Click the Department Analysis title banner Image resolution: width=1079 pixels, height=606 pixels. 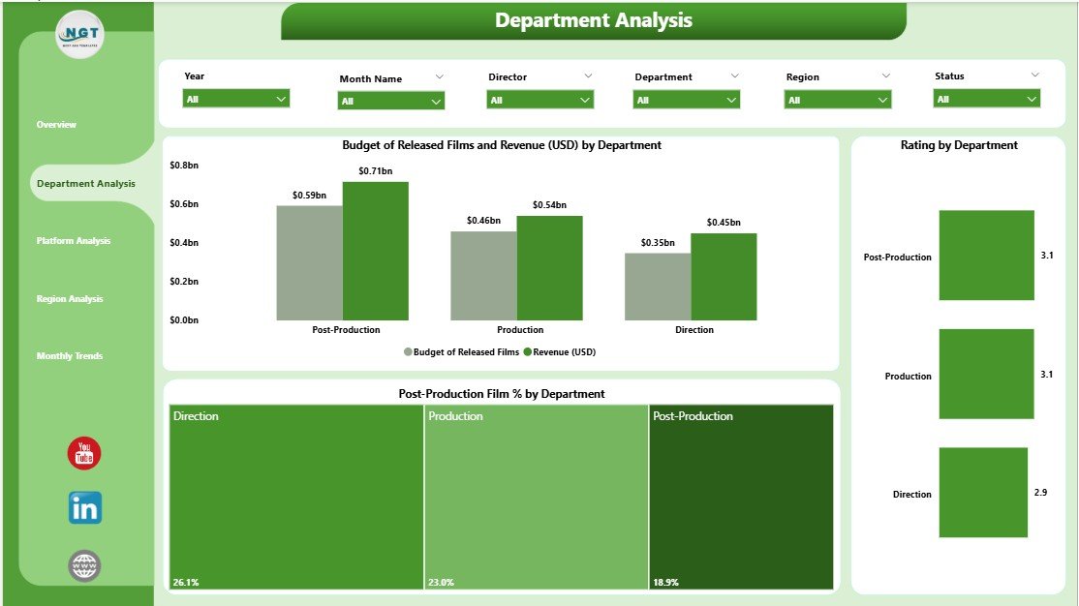(593, 20)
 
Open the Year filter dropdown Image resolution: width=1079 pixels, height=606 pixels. (236, 99)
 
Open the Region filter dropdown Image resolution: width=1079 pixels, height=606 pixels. (838, 100)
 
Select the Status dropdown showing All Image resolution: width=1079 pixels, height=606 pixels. (987, 99)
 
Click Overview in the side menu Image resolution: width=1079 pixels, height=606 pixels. (56, 125)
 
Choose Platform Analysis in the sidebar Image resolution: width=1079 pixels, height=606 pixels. (74, 241)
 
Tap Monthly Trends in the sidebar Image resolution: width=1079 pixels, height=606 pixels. (70, 356)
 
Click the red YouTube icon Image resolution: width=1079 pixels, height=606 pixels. (84, 453)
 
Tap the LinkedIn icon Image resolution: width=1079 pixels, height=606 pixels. (84, 508)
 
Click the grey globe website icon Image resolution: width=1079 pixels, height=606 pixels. (84, 565)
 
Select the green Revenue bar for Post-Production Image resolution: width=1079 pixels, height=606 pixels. (375, 252)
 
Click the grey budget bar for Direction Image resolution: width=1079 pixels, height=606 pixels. (657, 287)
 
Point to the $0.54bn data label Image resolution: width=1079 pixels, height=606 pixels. (549, 205)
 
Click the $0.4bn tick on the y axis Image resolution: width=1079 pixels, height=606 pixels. (183, 243)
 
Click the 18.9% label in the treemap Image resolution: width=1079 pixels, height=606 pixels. (666, 583)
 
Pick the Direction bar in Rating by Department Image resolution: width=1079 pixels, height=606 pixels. (982, 492)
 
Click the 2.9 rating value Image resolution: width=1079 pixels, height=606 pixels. (1040, 493)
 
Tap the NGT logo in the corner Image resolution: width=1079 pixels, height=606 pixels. (79, 36)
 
